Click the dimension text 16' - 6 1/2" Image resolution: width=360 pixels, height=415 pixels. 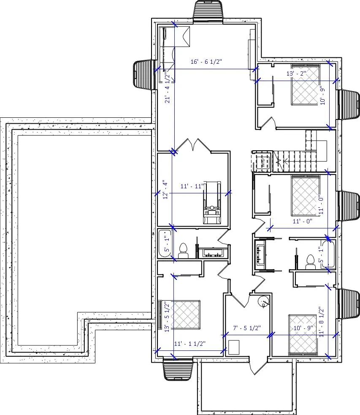[206, 62]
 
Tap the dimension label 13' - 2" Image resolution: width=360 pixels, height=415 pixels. [296, 73]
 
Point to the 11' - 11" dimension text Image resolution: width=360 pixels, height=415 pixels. [192, 186]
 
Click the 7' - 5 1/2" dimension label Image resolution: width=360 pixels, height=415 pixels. [247, 328]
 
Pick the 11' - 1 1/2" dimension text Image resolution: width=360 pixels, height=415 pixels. [189, 344]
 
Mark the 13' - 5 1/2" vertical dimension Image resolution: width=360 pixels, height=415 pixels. [167, 317]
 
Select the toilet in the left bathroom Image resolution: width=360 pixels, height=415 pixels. [183, 251]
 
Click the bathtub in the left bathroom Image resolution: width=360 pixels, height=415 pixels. [164, 244]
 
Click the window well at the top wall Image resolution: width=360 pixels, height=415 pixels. [208, 11]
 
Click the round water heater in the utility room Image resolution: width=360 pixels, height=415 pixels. [264, 301]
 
